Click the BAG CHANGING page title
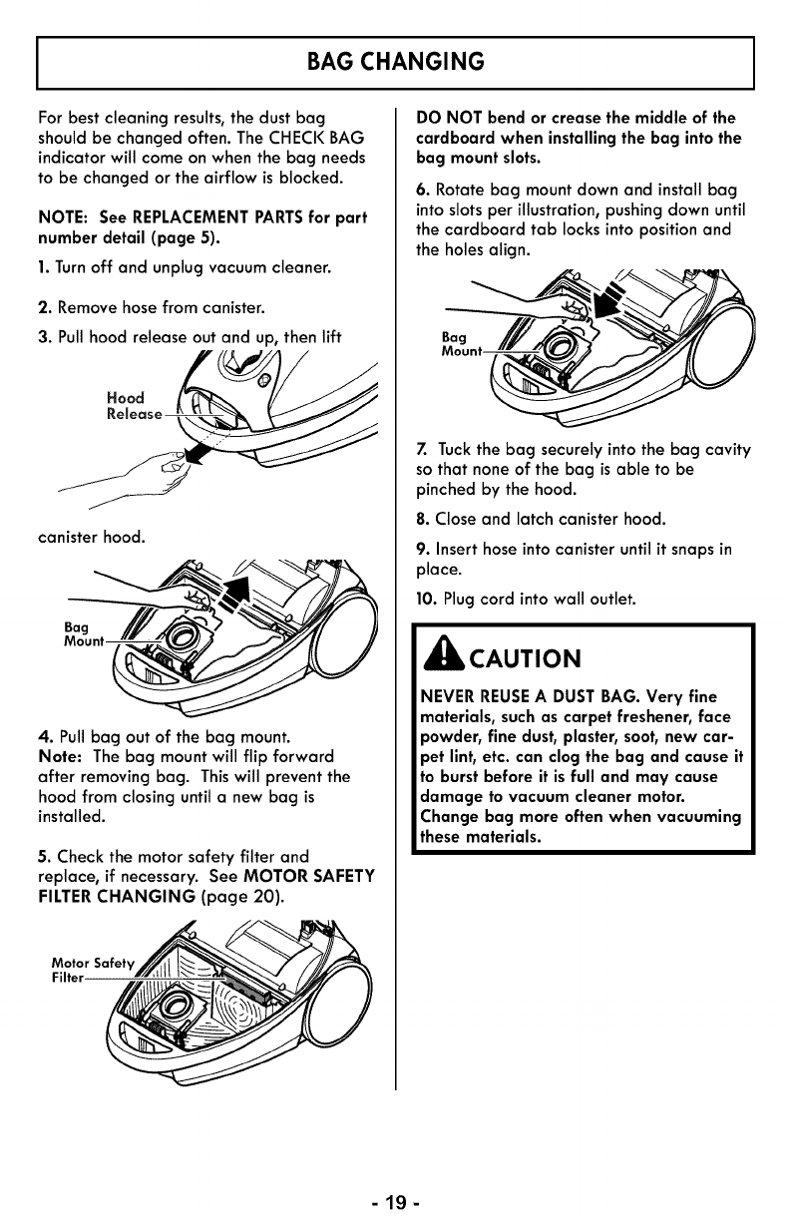[395, 62]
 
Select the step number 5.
[42, 857]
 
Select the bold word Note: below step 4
[62, 756]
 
